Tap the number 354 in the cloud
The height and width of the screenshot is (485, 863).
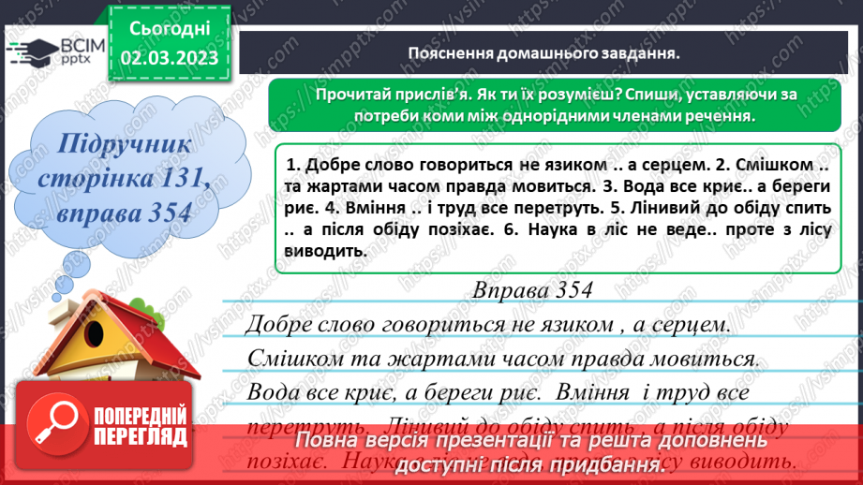(169, 212)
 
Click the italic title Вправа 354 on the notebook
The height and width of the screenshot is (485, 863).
(536, 290)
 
